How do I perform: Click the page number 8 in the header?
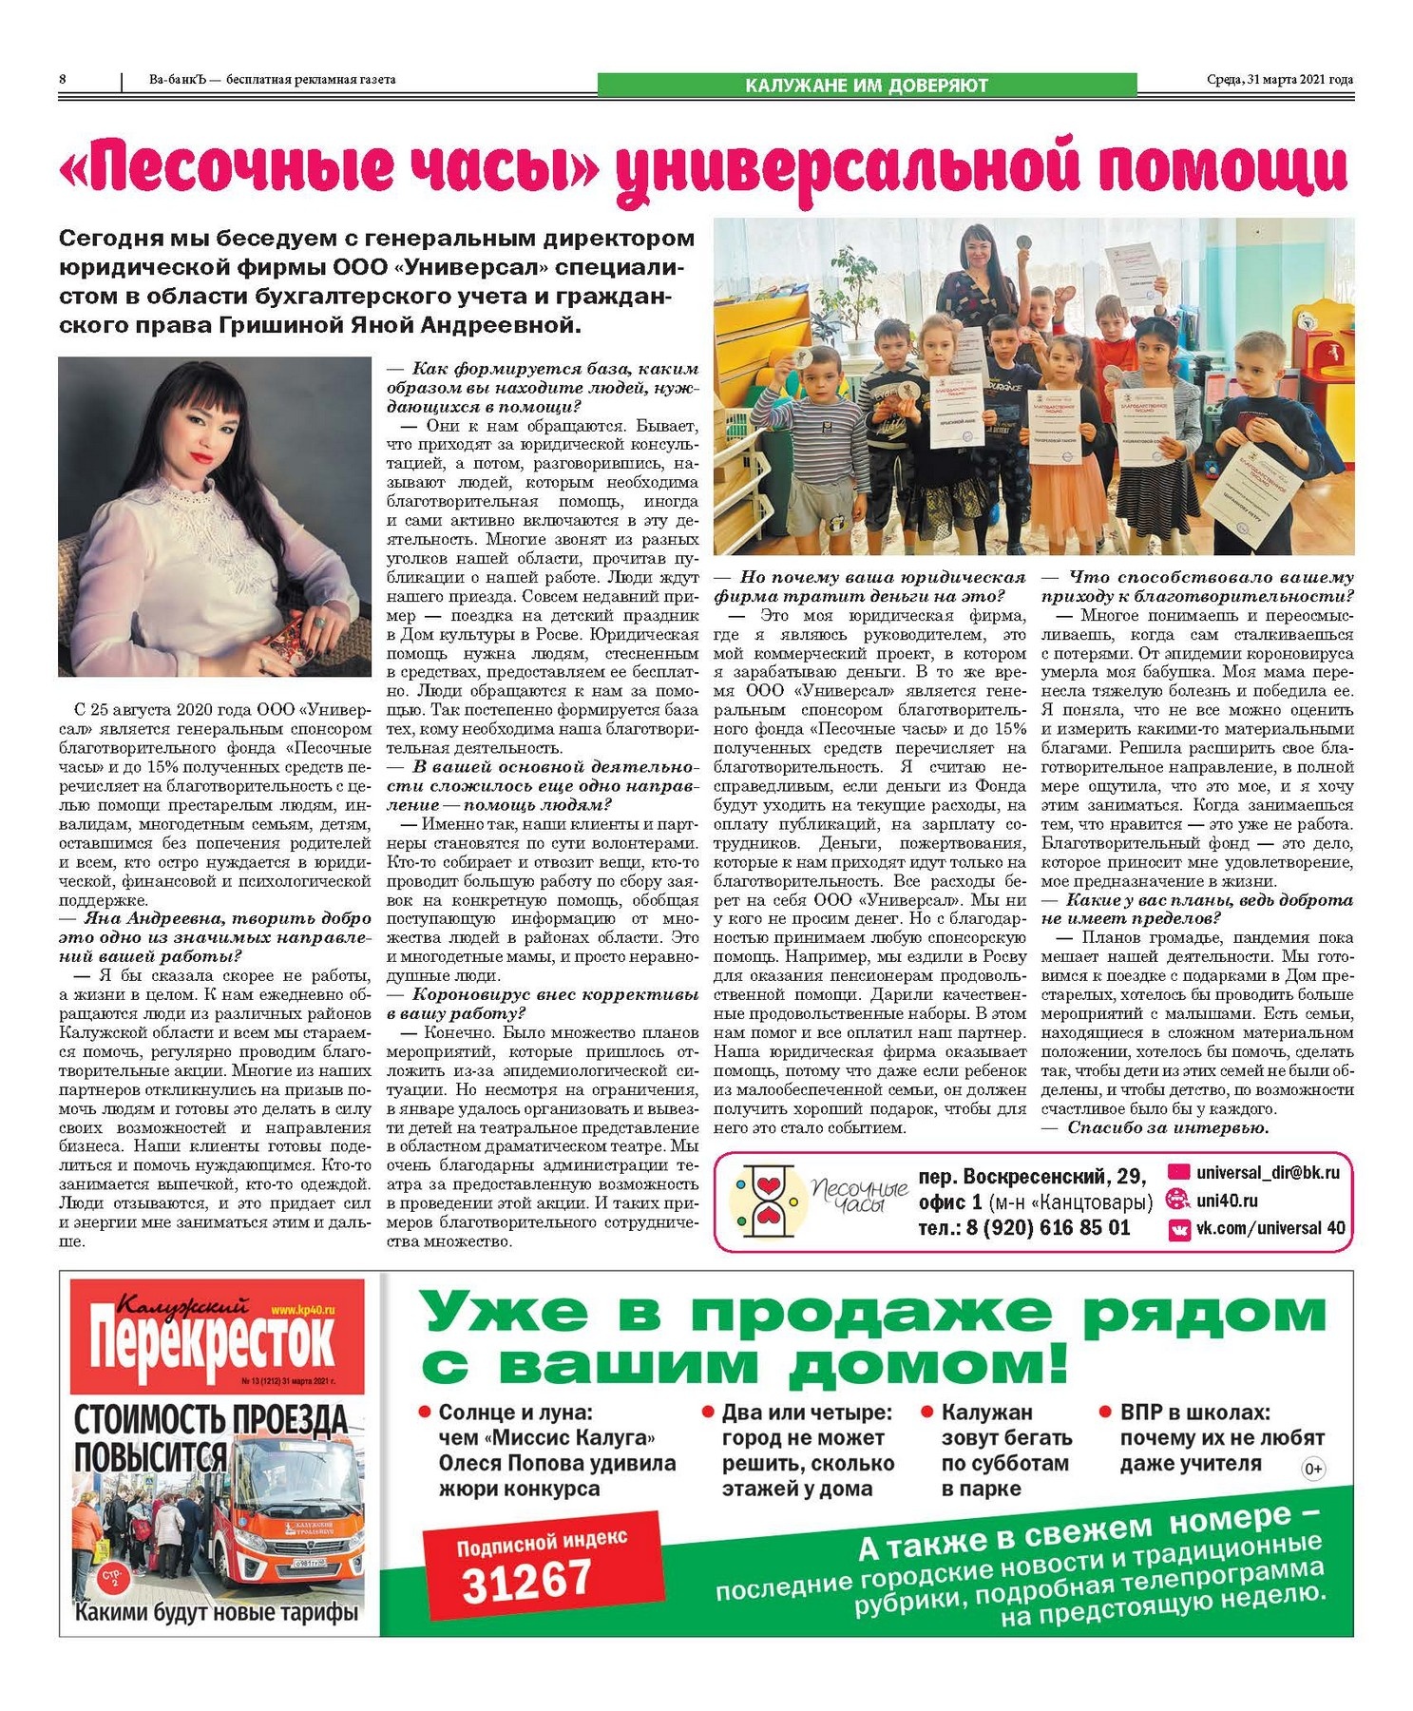63,80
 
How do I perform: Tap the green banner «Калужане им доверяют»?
866,86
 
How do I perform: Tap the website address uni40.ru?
1227,1201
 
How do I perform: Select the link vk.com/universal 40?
1270,1228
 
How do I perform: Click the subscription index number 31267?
526,1580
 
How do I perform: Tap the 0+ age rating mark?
1312,1470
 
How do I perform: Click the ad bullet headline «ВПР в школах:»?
1194,1413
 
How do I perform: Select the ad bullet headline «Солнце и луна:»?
515,1413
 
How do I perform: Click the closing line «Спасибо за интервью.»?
1168,1128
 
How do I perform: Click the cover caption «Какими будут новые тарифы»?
217,1613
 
